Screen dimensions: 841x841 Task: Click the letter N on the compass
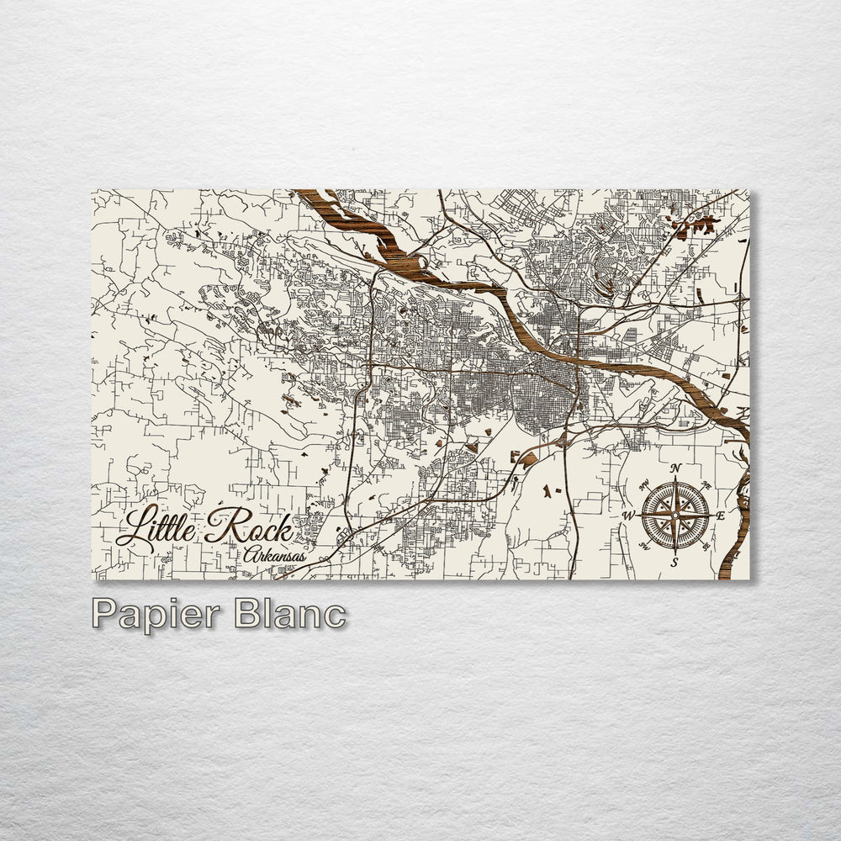click(676, 468)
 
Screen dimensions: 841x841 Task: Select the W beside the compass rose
click(628, 516)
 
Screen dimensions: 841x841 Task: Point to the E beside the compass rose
click(721, 516)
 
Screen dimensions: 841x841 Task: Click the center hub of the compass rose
click(675, 515)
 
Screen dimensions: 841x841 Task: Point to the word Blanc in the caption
click(290, 613)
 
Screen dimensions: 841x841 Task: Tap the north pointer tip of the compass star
click(675, 479)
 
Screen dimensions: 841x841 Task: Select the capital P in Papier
click(104, 613)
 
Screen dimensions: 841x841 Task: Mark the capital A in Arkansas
click(251, 555)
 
